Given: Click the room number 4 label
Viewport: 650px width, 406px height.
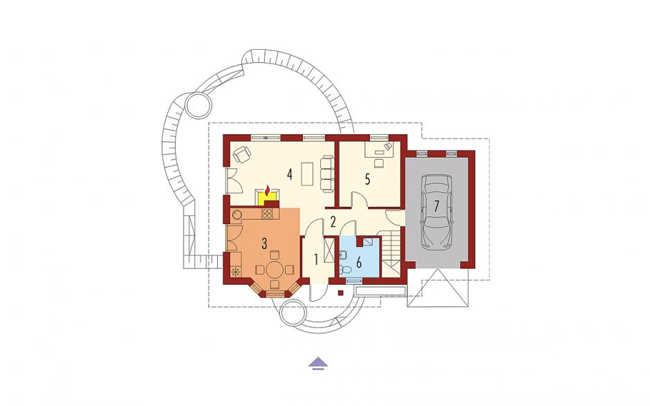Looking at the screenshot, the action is pyautogui.click(x=290, y=174).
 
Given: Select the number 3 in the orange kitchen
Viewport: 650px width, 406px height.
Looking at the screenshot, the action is pyautogui.click(x=264, y=244).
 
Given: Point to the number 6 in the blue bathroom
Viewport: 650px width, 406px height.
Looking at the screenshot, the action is pyautogui.click(x=359, y=262).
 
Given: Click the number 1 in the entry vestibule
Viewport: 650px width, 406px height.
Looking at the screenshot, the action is pyautogui.click(x=316, y=259).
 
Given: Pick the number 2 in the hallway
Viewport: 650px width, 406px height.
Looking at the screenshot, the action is pyautogui.click(x=333, y=222).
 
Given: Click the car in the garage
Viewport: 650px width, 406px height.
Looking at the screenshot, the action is pyautogui.click(x=436, y=212).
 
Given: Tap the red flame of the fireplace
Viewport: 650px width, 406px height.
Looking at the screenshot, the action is pyautogui.click(x=268, y=191).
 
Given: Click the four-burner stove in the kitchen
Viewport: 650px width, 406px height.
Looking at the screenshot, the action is pyautogui.click(x=268, y=214).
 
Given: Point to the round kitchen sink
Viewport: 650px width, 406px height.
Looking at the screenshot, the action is pyautogui.click(x=236, y=215).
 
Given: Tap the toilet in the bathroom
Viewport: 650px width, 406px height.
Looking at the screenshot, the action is pyautogui.click(x=346, y=270).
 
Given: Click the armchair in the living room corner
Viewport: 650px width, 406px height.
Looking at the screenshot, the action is pyautogui.click(x=242, y=155).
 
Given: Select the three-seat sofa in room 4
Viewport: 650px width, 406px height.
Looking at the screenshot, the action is pyautogui.click(x=326, y=174).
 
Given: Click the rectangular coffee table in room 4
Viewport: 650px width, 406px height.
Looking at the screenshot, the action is pyautogui.click(x=308, y=174).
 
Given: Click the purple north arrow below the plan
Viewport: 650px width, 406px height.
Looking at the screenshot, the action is pyautogui.click(x=318, y=363).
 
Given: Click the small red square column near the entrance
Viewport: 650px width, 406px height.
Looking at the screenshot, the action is pyautogui.click(x=341, y=293).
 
